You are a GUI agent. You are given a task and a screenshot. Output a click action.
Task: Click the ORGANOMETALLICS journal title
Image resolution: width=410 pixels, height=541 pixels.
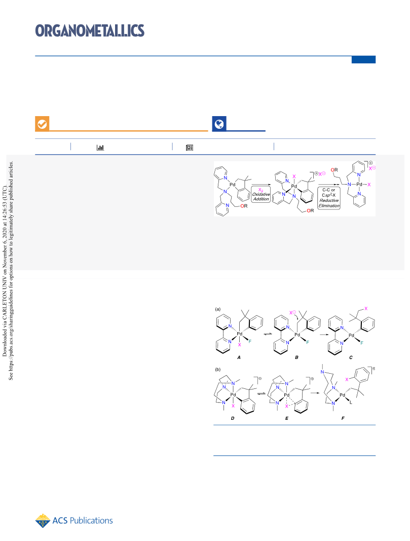tap(90, 31)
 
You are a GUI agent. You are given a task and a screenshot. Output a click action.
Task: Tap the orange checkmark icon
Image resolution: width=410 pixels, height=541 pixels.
tap(42, 124)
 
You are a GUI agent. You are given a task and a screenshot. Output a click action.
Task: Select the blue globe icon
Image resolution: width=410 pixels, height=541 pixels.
tap(219, 124)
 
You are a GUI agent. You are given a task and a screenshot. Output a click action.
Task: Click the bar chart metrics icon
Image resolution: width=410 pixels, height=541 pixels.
tap(100, 148)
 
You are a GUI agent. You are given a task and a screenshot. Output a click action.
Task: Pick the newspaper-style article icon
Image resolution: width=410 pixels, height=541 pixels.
tap(190, 148)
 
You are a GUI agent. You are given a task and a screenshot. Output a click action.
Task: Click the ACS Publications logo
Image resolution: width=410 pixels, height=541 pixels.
tap(74, 521)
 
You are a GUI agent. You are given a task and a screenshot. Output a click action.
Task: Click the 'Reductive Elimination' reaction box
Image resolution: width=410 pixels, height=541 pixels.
tap(329, 198)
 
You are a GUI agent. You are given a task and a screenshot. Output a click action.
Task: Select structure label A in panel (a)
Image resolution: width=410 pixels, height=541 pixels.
tap(239, 357)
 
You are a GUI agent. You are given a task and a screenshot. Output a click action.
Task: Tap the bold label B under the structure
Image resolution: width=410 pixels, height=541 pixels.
tap(296, 357)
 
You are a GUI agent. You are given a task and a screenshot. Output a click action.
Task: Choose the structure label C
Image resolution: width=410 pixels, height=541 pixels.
tap(351, 357)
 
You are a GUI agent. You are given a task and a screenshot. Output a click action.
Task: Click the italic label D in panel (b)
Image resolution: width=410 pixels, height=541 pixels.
tap(233, 418)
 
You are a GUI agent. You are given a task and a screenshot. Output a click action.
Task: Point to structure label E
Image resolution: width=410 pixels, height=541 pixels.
tap(286, 418)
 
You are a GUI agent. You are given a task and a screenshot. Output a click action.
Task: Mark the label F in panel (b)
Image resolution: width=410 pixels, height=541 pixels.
tap(343, 418)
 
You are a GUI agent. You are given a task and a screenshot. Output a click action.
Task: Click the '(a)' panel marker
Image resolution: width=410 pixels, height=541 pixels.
tap(218, 309)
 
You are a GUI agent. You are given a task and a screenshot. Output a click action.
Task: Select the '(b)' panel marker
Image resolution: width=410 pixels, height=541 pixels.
tap(218, 369)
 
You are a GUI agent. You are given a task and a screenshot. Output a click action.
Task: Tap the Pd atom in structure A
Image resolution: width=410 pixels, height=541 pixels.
tap(240, 334)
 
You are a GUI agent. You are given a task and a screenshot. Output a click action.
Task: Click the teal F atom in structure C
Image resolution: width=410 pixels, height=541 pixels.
tap(362, 343)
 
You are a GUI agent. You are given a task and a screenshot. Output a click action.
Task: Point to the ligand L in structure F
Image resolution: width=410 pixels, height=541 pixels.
tap(351, 402)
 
